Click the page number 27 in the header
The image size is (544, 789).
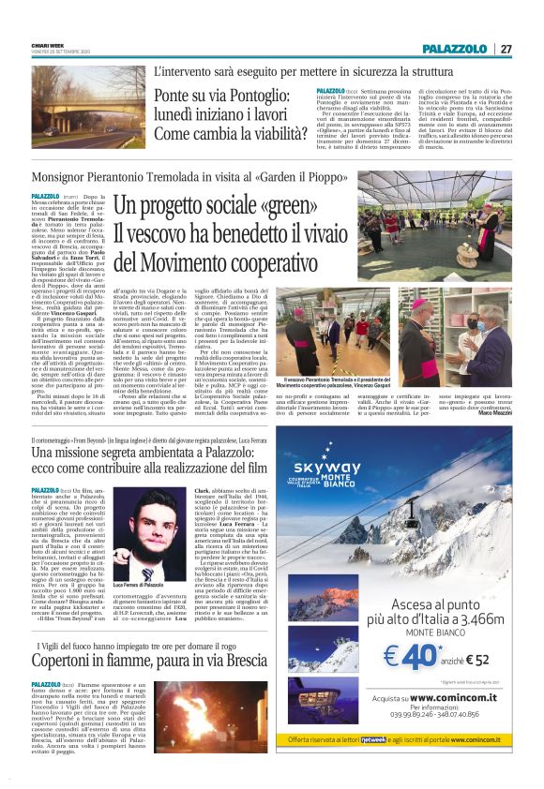[506, 49]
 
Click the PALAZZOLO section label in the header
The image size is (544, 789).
[455, 49]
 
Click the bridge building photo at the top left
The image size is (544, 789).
[88, 107]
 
